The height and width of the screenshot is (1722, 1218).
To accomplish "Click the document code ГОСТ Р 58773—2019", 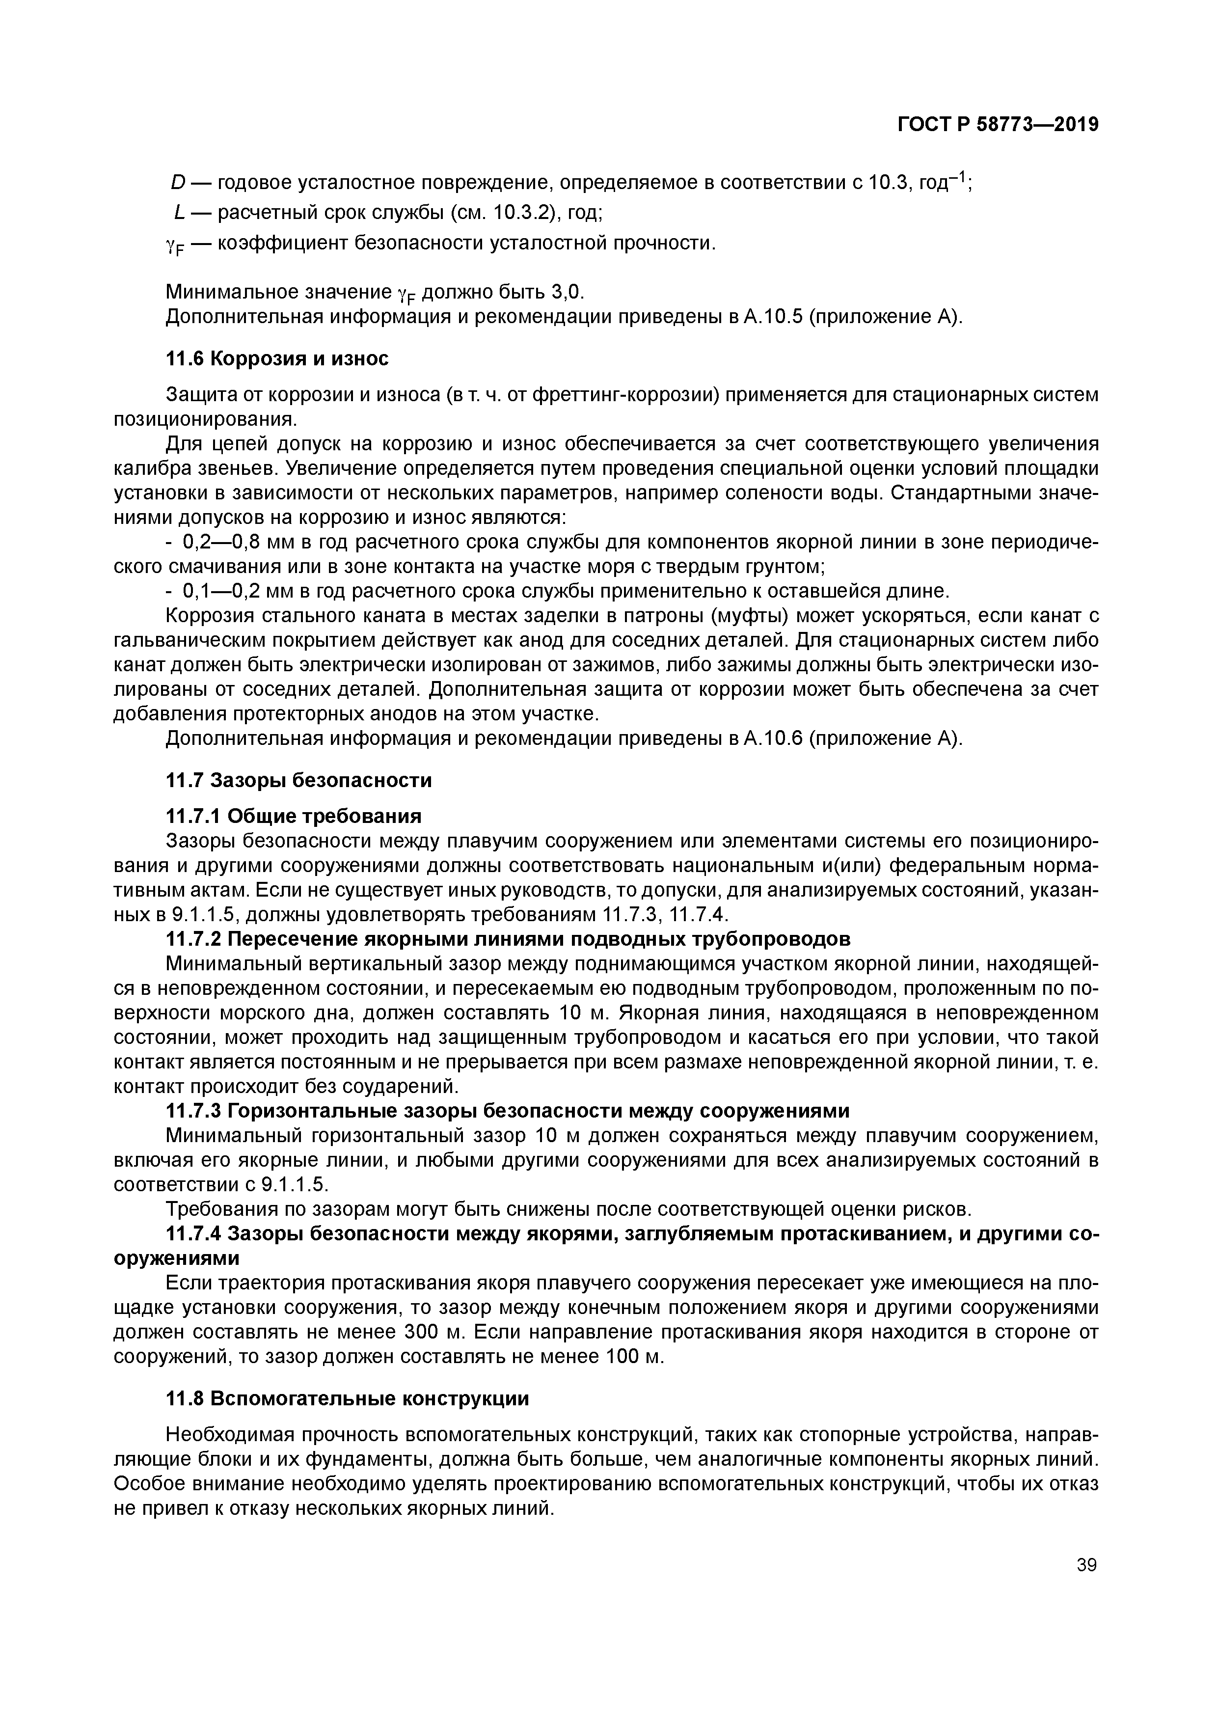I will pos(998,125).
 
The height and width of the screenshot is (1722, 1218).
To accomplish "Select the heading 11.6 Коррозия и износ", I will pos(277,359).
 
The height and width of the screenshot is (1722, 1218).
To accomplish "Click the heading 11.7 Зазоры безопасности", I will pos(298,781).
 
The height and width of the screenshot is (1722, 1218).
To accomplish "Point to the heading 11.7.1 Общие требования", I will pos(293,816).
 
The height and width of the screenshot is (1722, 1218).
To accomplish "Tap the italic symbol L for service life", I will pos(179,213).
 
